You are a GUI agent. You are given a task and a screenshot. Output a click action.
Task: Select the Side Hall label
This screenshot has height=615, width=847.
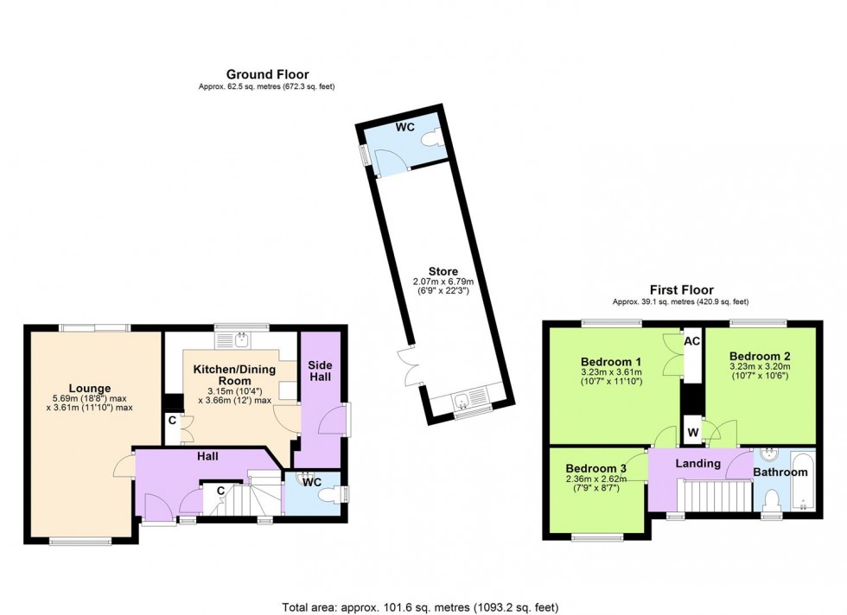click(x=320, y=372)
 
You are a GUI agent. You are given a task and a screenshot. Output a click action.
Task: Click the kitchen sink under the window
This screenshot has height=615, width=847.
click(x=241, y=338)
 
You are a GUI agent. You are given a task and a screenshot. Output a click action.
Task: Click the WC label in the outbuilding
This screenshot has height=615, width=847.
click(x=405, y=127)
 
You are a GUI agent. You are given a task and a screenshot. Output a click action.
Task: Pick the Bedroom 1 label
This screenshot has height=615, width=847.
click(x=611, y=361)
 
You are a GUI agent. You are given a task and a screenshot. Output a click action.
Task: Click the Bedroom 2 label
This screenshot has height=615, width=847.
click(x=759, y=356)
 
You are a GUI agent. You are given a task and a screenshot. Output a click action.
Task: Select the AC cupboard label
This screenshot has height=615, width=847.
click(x=691, y=342)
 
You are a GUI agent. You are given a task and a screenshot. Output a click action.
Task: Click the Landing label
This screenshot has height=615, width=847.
click(x=697, y=464)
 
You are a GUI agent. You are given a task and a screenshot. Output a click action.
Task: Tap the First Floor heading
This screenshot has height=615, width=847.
click(x=681, y=290)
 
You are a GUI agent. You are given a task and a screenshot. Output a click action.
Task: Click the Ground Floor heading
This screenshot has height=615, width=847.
click(x=267, y=74)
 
